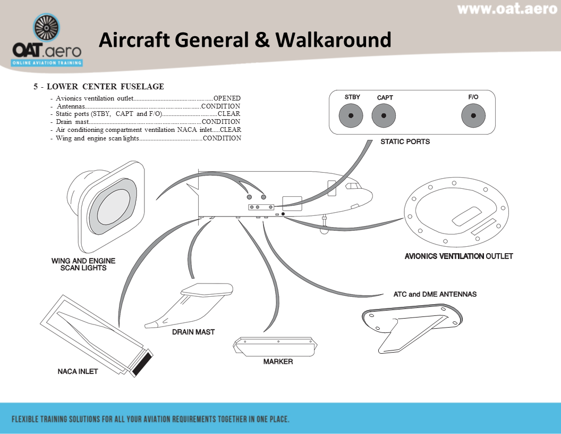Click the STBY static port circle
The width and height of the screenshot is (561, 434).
click(351, 116)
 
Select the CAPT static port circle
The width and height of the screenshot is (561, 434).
click(384, 116)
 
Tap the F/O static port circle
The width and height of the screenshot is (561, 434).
click(473, 116)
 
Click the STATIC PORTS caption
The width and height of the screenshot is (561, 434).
click(405, 142)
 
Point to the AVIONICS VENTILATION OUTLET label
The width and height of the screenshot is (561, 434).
click(458, 256)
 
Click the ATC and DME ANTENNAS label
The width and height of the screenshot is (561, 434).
click(435, 294)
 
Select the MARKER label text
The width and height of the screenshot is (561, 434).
click(278, 362)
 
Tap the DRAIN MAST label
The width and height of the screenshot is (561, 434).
click(193, 332)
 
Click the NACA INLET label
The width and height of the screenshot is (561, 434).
click(78, 371)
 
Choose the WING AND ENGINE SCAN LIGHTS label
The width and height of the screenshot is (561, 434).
click(83, 264)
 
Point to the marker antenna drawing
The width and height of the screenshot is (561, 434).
click(275, 346)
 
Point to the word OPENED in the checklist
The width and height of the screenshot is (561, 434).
click(227, 98)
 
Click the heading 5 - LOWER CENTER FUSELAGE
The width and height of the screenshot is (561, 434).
click(99, 87)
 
